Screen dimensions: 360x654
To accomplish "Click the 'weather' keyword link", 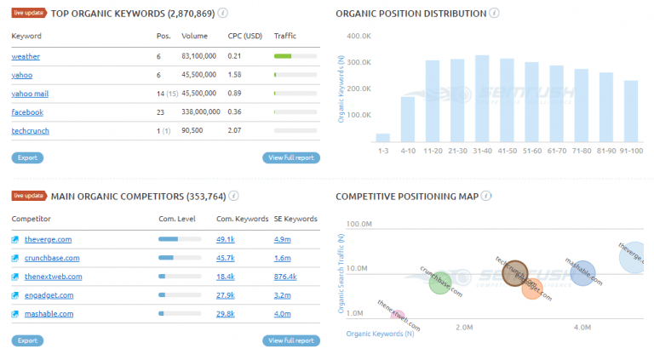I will pos(26,56).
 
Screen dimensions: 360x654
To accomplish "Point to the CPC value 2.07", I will pos(234,130).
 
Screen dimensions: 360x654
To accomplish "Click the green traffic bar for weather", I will pos(283,56).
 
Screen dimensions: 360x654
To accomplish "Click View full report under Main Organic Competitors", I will pos(291,340).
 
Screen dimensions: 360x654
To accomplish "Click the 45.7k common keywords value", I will pos(226,258).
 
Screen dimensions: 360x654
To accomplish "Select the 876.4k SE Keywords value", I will pos(285,277).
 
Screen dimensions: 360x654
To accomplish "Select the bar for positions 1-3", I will pos(383,137).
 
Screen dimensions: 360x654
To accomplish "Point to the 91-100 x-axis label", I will pos(630,150).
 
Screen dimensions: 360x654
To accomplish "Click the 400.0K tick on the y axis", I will pos(359,37).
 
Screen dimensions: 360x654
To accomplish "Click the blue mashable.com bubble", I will pos(582,273).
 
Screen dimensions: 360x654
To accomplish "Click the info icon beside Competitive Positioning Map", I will pos(485,196).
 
